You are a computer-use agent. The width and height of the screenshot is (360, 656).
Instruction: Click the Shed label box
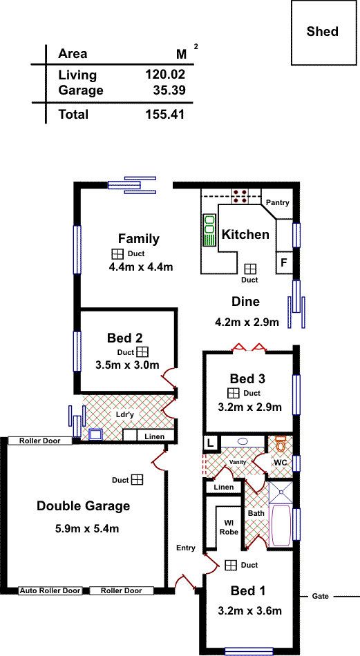click(x=321, y=32)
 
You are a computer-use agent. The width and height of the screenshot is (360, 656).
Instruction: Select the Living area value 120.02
click(x=165, y=75)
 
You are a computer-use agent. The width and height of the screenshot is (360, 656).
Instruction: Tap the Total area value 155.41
click(x=165, y=114)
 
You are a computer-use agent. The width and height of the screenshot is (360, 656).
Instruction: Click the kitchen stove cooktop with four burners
click(x=240, y=196)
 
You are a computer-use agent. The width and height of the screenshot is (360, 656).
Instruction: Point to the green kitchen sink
click(x=209, y=230)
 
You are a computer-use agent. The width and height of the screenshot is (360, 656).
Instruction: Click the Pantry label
click(x=278, y=203)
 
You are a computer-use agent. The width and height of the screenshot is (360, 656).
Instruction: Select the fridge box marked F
click(x=284, y=262)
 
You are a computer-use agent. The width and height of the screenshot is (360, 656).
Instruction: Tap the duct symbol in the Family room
click(x=117, y=254)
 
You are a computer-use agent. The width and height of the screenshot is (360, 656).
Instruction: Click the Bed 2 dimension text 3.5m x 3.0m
click(x=127, y=365)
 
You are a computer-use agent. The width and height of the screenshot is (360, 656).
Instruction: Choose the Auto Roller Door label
click(x=50, y=590)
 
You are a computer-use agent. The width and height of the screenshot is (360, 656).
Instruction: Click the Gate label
click(x=320, y=596)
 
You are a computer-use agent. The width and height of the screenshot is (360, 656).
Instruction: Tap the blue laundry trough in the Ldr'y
click(x=96, y=434)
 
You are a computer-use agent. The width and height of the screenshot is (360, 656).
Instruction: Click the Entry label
click(x=185, y=548)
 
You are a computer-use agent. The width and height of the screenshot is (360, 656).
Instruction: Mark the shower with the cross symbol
click(x=281, y=492)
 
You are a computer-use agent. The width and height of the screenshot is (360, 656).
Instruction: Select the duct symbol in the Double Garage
click(x=137, y=480)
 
